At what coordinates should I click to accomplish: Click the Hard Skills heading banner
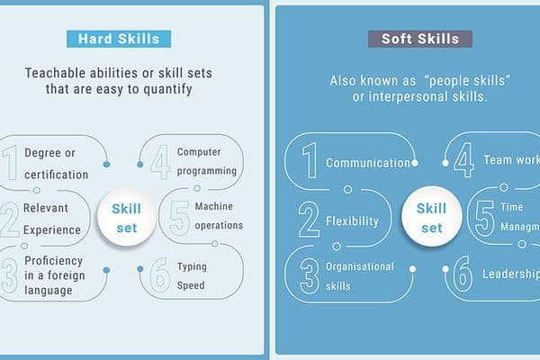[119, 39]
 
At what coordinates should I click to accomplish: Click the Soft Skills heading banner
[419, 39]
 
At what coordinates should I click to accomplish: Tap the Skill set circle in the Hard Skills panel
[126, 218]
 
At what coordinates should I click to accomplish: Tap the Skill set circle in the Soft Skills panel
[431, 218]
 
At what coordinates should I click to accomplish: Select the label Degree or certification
[56, 164]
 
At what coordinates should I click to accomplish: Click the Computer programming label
[206, 161]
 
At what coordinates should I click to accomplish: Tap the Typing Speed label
[191, 275]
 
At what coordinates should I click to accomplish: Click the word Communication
[367, 163]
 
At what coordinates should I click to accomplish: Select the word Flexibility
[352, 220]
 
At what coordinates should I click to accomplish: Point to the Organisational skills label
[360, 275]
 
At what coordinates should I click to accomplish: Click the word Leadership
[510, 274]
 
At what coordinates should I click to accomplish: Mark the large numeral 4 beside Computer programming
[160, 163]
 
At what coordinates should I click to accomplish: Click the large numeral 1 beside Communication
[309, 163]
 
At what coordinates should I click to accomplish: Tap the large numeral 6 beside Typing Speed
[160, 275]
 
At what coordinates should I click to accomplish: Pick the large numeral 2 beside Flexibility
[309, 220]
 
